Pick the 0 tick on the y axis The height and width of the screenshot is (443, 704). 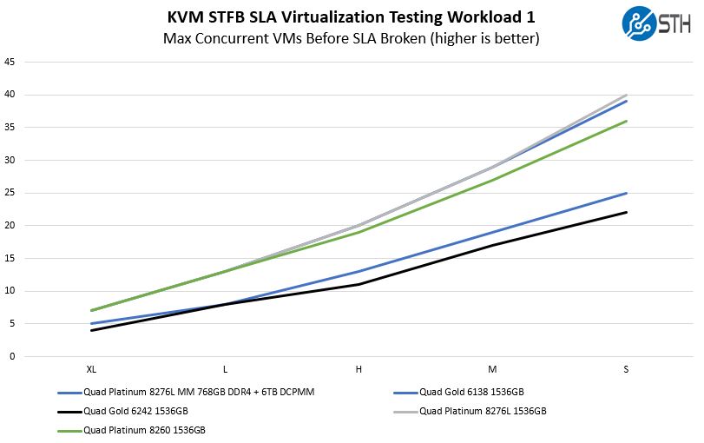[10, 356]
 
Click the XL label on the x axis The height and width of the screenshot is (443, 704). [91, 370]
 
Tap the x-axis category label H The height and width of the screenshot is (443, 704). [359, 370]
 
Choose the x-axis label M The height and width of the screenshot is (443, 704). [492, 370]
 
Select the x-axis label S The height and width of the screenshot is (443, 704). [626, 370]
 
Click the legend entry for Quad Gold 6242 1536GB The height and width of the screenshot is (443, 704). [135, 411]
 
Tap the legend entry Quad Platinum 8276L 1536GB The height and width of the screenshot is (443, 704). [483, 411]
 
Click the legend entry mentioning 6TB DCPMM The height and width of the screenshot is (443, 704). [199, 392]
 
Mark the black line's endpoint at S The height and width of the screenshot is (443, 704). [626, 212]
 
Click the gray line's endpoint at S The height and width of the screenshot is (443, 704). [626, 95]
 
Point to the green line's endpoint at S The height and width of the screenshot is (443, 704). [626, 121]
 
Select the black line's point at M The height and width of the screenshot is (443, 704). [492, 245]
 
